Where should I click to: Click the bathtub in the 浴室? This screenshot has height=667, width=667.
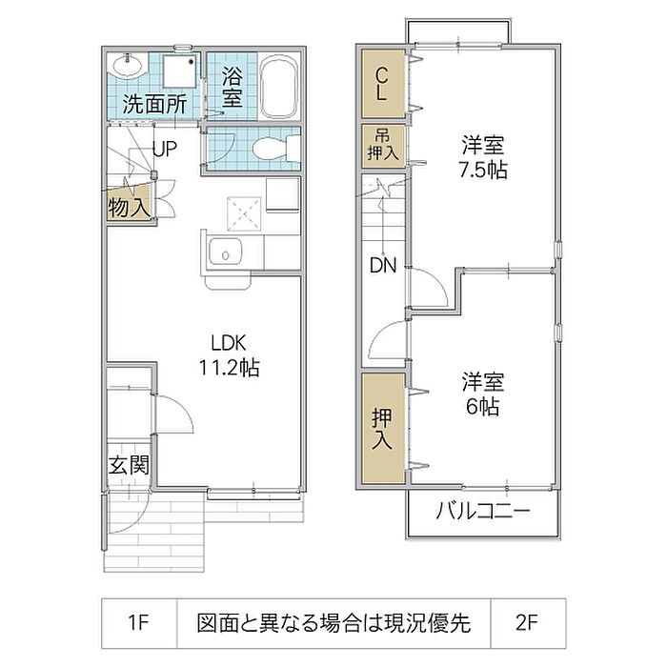pos(278,88)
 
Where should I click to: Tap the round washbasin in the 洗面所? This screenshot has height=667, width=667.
pos(127,67)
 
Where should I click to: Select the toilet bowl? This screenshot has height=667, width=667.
pos(276,149)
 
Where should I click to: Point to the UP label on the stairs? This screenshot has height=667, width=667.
pos(165,149)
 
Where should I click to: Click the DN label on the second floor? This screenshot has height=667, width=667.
pos(383,266)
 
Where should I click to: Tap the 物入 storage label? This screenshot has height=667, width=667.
pos(129,208)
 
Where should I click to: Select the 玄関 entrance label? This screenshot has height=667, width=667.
pos(129,465)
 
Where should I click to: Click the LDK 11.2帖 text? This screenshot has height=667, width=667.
pos(230,354)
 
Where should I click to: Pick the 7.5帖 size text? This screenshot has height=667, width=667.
pos(483,171)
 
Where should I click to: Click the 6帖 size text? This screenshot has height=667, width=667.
pos(483,407)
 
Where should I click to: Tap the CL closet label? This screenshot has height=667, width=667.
pos(381,84)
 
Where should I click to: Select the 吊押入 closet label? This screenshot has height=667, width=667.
pos(383,146)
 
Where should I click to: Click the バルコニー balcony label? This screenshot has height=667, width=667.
pos(483,510)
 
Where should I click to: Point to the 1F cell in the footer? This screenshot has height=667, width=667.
pos(139,623)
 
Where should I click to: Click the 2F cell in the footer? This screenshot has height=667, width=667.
pos(528,623)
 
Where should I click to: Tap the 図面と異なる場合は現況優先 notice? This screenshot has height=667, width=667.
pos(333,623)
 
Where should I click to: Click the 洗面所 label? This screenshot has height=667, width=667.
pos(154,104)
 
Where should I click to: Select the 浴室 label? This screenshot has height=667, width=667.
pos(232,87)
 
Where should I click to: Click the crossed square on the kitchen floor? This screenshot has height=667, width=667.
pos(244,213)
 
